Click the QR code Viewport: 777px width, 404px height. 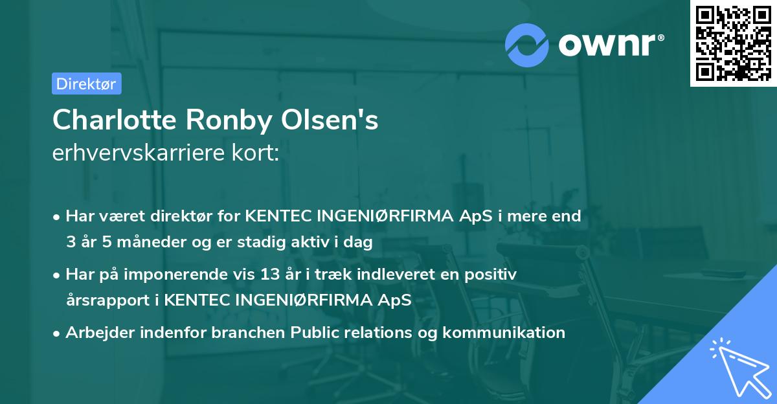point(733,43)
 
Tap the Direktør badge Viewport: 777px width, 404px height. point(86,84)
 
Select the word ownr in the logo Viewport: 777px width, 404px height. point(609,45)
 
